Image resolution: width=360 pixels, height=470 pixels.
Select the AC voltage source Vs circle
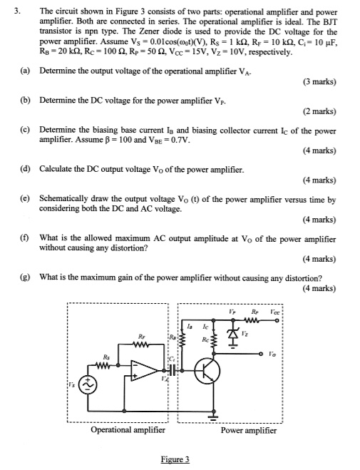point(89,386)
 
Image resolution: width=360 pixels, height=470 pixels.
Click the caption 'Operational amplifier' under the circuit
point(128,430)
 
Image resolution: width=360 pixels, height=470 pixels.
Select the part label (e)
point(25,200)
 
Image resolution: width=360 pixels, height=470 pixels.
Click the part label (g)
point(25,278)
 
